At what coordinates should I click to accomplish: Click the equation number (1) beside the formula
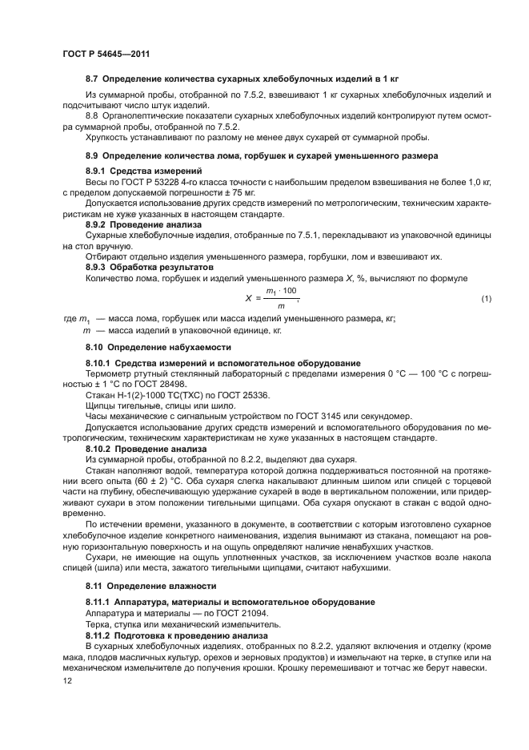pyautogui.click(x=486, y=299)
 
